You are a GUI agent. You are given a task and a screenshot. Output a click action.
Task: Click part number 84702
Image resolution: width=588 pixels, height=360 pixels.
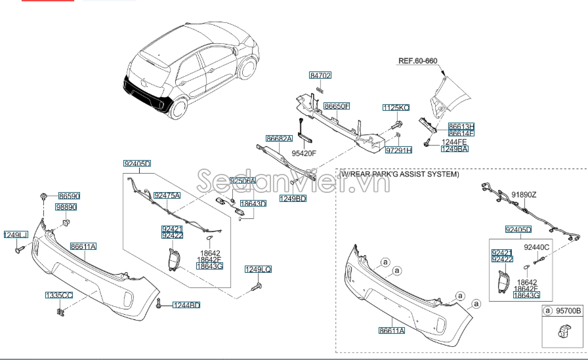320,75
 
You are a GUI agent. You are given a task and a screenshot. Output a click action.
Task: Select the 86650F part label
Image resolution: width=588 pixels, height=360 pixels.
336,106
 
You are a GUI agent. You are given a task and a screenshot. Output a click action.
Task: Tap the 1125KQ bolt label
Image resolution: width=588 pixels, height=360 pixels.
396,108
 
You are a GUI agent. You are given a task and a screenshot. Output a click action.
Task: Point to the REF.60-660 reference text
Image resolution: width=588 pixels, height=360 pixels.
417,61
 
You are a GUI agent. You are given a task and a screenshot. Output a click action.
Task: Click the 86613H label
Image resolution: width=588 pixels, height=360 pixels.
461,126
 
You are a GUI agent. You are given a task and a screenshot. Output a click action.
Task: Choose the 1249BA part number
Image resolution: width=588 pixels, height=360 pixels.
454,149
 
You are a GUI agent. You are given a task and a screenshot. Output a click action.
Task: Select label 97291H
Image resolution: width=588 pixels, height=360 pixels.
398,150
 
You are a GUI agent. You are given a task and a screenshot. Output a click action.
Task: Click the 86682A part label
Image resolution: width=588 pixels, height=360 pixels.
279,139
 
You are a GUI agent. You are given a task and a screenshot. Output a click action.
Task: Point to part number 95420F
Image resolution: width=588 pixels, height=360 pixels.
304,153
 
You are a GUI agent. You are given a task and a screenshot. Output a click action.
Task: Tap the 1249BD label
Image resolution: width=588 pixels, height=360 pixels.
293,198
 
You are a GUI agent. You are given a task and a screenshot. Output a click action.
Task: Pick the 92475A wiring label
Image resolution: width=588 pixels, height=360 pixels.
167,195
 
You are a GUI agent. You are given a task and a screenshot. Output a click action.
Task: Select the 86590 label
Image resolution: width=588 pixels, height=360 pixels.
69,196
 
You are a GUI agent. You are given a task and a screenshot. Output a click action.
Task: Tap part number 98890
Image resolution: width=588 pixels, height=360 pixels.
66,207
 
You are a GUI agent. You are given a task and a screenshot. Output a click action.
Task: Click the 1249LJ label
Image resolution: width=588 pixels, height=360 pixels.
16,235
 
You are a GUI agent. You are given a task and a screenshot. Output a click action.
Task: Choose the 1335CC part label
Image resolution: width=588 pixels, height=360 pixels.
58,296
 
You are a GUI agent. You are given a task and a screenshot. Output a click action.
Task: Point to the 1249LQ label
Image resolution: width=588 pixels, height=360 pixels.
258,270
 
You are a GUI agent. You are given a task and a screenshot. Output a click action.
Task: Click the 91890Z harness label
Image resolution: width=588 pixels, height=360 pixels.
524,195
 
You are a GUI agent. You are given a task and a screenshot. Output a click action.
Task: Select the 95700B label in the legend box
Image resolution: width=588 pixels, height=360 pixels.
568,311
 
